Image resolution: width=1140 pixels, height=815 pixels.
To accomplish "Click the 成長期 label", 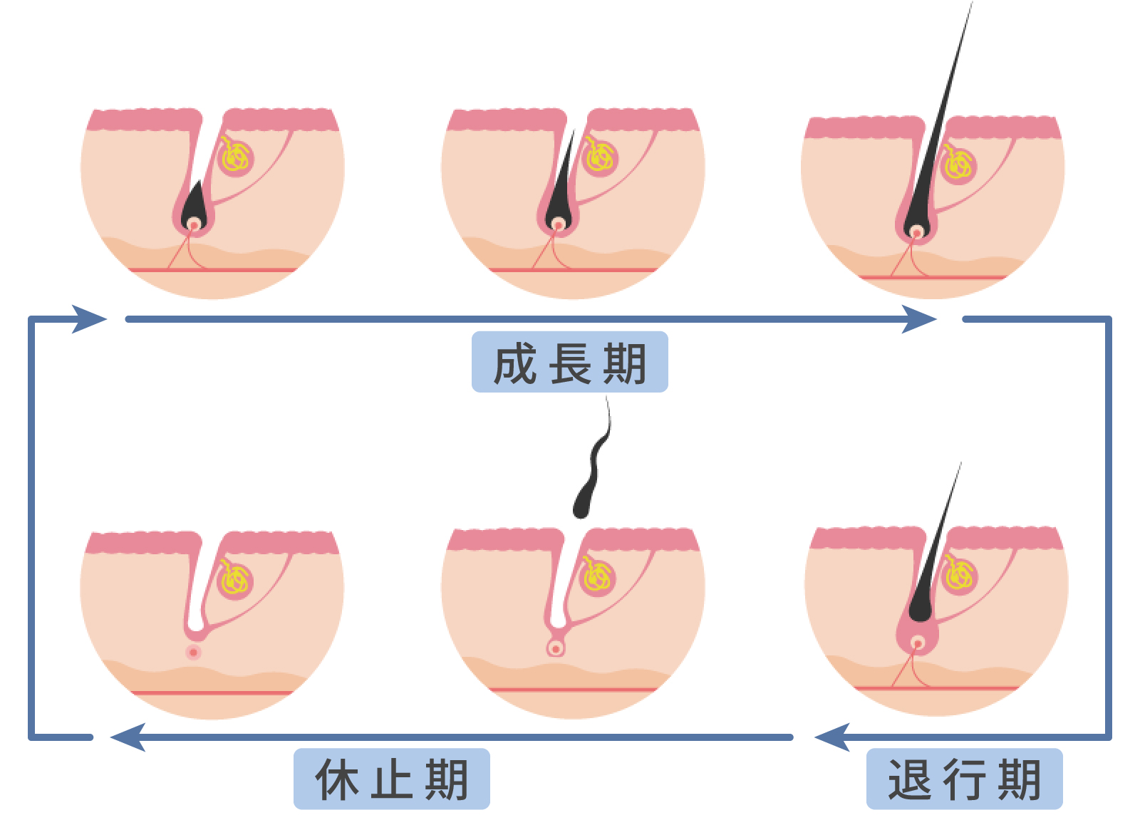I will (x=569, y=363).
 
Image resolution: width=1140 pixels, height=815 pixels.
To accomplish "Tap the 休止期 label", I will (x=391, y=779).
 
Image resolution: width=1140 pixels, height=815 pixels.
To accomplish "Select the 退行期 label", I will (x=964, y=779).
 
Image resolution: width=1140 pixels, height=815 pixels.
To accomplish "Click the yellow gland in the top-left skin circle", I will (x=236, y=157).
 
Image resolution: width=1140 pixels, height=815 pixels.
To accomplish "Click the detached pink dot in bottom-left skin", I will (x=193, y=652).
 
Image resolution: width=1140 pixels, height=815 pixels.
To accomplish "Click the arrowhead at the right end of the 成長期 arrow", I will (x=919, y=318).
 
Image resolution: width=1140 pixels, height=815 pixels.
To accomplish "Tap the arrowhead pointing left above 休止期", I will (x=128, y=737).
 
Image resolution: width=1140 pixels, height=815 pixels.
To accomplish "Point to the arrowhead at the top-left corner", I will (x=89, y=318).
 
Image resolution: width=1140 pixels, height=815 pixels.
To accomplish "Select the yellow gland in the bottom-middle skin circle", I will (x=597, y=576).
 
